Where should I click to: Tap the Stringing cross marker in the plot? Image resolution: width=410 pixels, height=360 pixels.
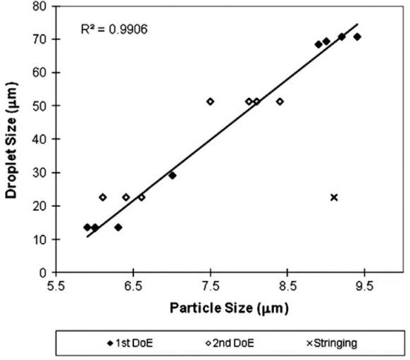[334, 197]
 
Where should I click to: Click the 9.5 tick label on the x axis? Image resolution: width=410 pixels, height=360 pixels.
[364, 287]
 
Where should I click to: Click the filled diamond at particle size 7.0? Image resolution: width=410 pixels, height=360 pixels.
[172, 175]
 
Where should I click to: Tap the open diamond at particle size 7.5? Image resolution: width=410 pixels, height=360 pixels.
[210, 101]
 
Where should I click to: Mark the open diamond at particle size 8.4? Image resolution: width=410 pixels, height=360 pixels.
[280, 101]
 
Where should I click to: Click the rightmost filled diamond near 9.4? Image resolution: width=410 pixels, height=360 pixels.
[357, 37]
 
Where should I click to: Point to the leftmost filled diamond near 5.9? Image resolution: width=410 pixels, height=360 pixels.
[87, 228]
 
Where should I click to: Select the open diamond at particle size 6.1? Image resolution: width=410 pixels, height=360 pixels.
[103, 197]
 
